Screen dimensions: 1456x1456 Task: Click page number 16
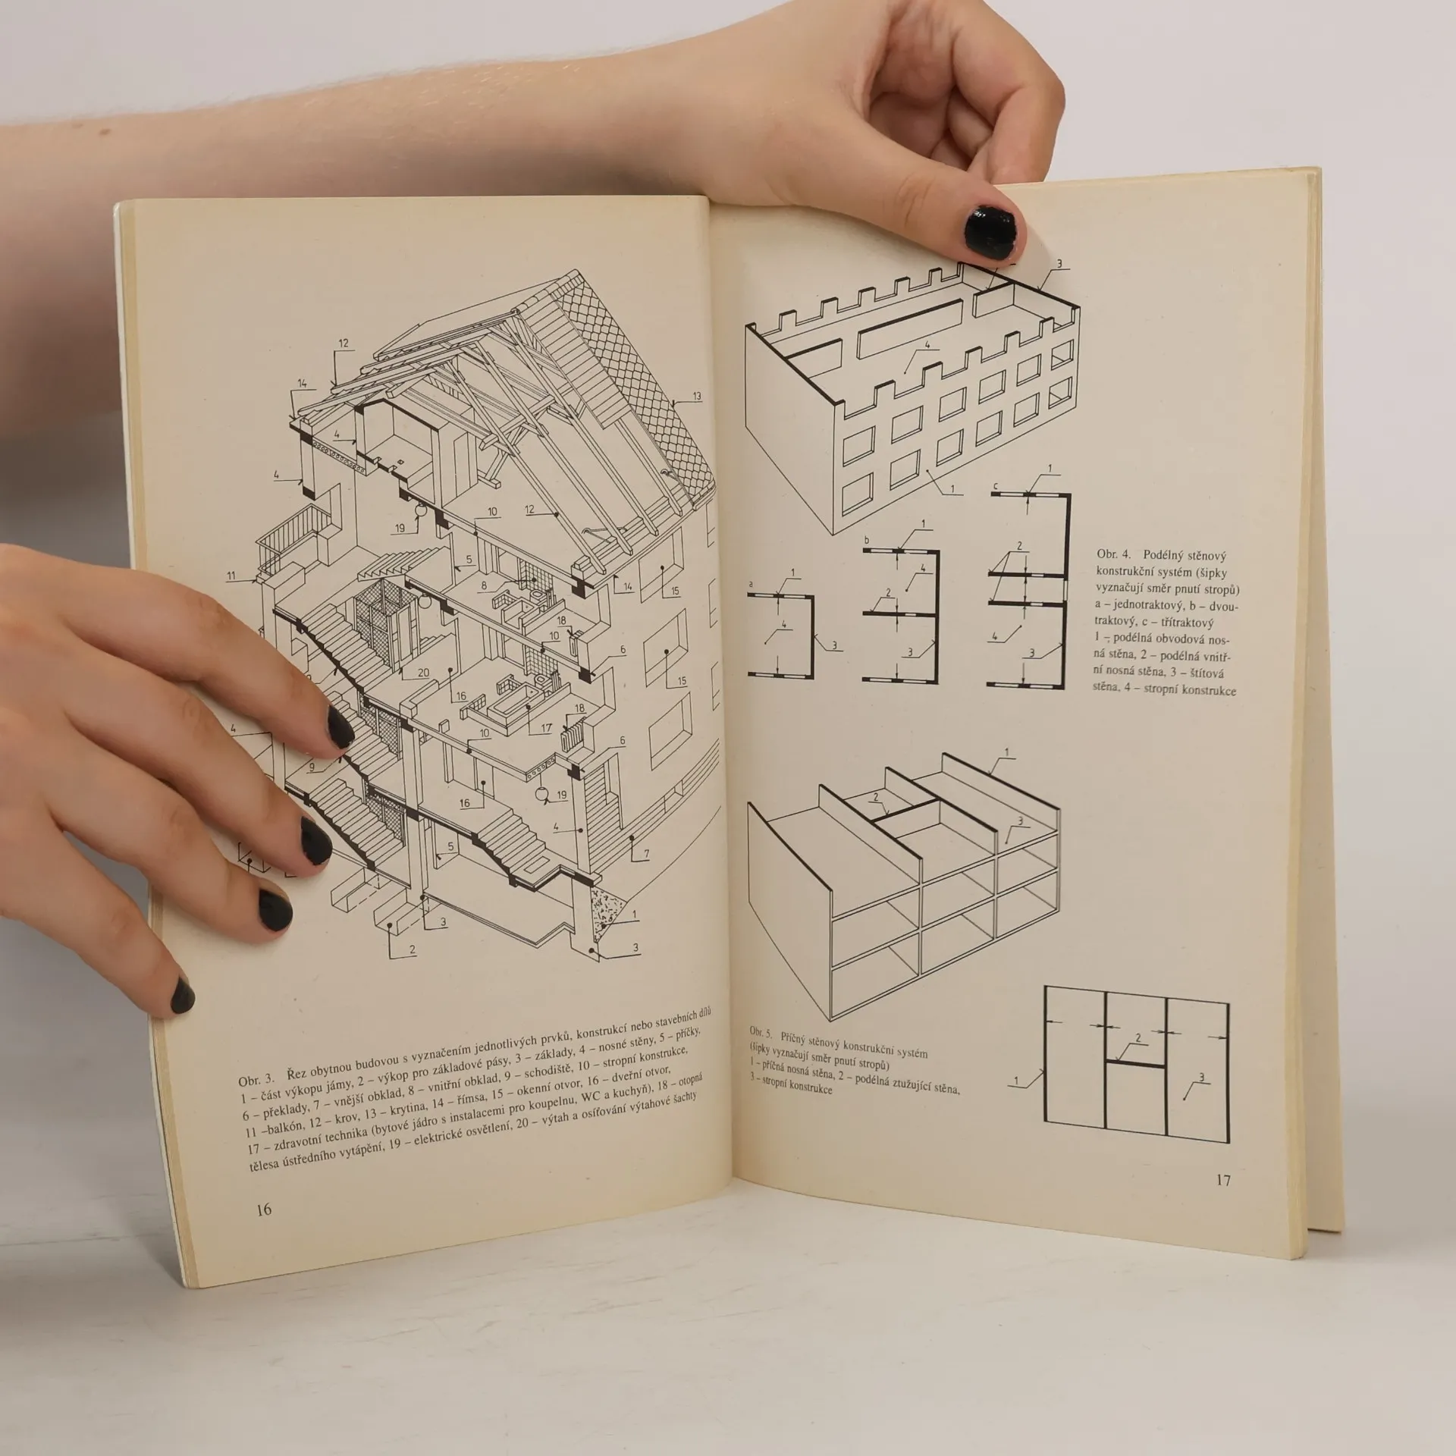click(263, 1210)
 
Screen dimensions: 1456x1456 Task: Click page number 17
click(1223, 1180)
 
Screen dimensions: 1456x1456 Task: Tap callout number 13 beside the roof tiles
click(696, 396)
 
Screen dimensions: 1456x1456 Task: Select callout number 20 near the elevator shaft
click(423, 673)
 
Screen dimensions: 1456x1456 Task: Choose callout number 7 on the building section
click(646, 855)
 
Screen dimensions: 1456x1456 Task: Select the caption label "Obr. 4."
click(1113, 555)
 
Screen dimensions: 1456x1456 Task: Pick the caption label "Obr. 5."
click(760, 1032)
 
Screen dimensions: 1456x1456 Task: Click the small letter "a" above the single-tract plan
click(751, 585)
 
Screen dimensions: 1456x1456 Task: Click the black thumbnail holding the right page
click(991, 231)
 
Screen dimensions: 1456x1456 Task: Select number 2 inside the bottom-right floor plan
click(1137, 1037)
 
